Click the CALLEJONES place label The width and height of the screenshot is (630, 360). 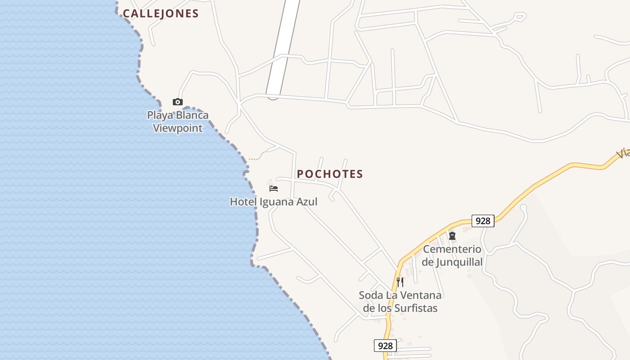pos(161,13)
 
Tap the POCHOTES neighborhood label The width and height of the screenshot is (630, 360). pos(330,174)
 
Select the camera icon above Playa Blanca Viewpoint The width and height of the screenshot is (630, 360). pos(178,102)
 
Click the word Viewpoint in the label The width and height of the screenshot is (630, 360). pos(178,128)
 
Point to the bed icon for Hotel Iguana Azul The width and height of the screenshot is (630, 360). pos(274,188)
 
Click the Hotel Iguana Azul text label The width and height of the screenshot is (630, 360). pos(274,202)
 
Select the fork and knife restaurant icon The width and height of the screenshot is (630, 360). pos(400,282)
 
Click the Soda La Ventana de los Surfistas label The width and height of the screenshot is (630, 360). pos(400,301)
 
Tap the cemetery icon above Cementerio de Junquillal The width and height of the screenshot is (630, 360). pos(452,235)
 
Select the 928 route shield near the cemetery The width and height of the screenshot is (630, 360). pos(483,221)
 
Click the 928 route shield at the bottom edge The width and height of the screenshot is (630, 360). pos(385,346)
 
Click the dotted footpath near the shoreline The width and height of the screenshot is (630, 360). pos(258,157)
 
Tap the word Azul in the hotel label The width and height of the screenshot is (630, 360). pos(306,202)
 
